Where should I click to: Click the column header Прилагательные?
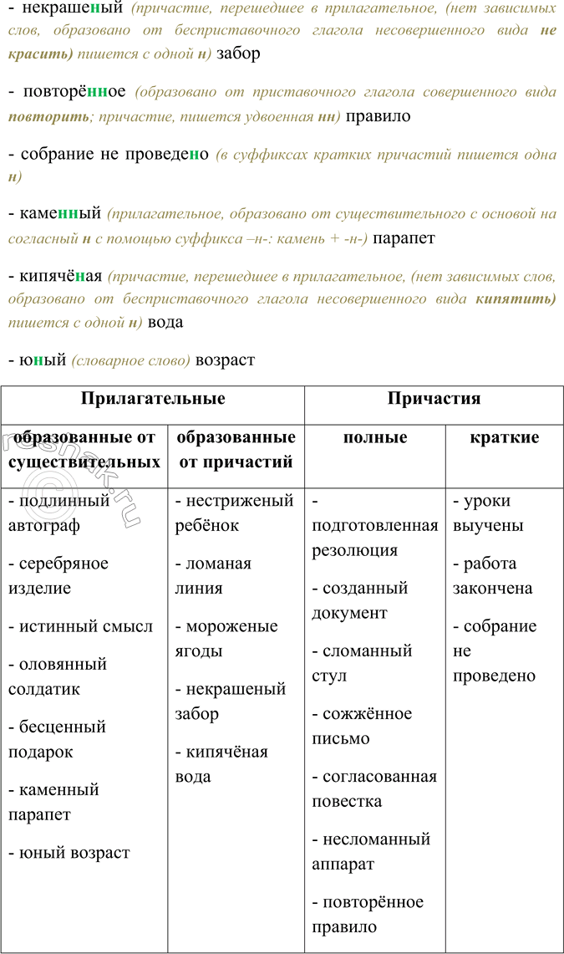[x=153, y=398]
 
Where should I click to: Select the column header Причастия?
[x=434, y=398]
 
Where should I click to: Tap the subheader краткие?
[x=504, y=437]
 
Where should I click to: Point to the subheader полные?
[x=375, y=437]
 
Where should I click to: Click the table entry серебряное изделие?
[x=58, y=575]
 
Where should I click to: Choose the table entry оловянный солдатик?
[x=58, y=676]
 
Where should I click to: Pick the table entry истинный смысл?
[x=81, y=626]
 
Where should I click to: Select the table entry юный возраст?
[x=69, y=853]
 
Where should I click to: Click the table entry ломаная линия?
[x=213, y=575]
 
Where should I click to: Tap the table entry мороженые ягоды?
[x=226, y=639]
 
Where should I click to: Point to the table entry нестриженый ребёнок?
[x=234, y=513]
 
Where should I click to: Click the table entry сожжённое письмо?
[x=362, y=726]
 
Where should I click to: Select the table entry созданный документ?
[x=359, y=600]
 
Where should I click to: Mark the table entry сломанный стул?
[x=362, y=663]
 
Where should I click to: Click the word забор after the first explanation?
[x=238, y=54]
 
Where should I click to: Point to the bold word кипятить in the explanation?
[x=516, y=298]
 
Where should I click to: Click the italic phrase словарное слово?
[x=131, y=361]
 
